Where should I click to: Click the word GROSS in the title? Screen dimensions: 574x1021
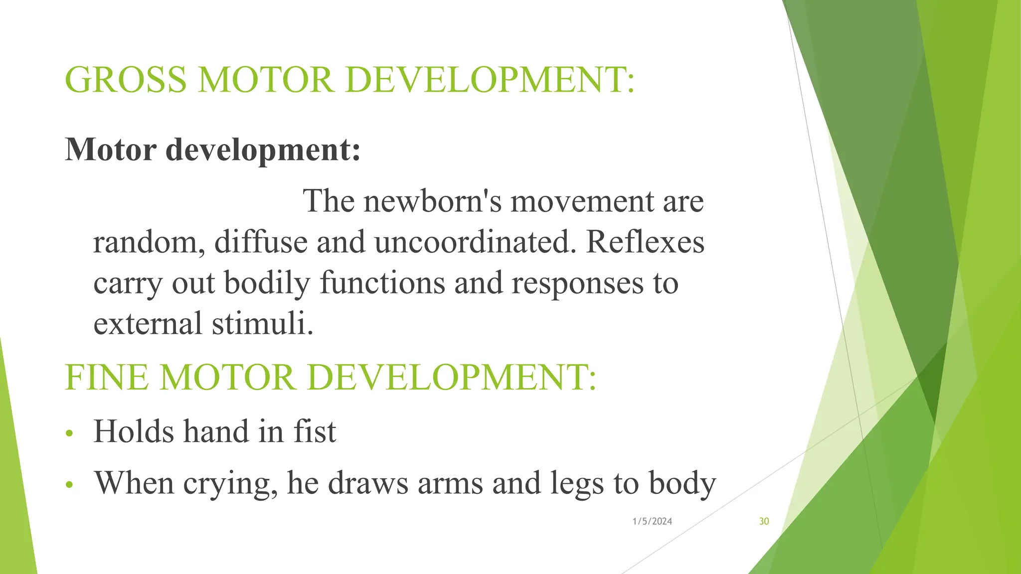pos(126,80)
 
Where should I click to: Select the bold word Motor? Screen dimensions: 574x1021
pos(110,149)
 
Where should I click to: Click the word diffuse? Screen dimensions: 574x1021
pos(261,242)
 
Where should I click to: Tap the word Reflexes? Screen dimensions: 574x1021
pos(645,242)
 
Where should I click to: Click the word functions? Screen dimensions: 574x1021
pos(382,283)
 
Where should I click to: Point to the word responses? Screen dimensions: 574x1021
pos(578,284)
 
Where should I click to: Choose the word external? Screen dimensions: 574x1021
pos(148,323)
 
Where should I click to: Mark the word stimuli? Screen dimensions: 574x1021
pos(262,323)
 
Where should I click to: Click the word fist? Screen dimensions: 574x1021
pos(315,431)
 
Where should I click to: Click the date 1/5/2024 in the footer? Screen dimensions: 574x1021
pos(652,521)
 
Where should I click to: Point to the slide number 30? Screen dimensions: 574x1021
pos(764,521)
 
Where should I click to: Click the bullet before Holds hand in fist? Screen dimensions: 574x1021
pos(69,432)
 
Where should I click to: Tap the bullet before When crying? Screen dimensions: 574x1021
pos(69,484)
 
